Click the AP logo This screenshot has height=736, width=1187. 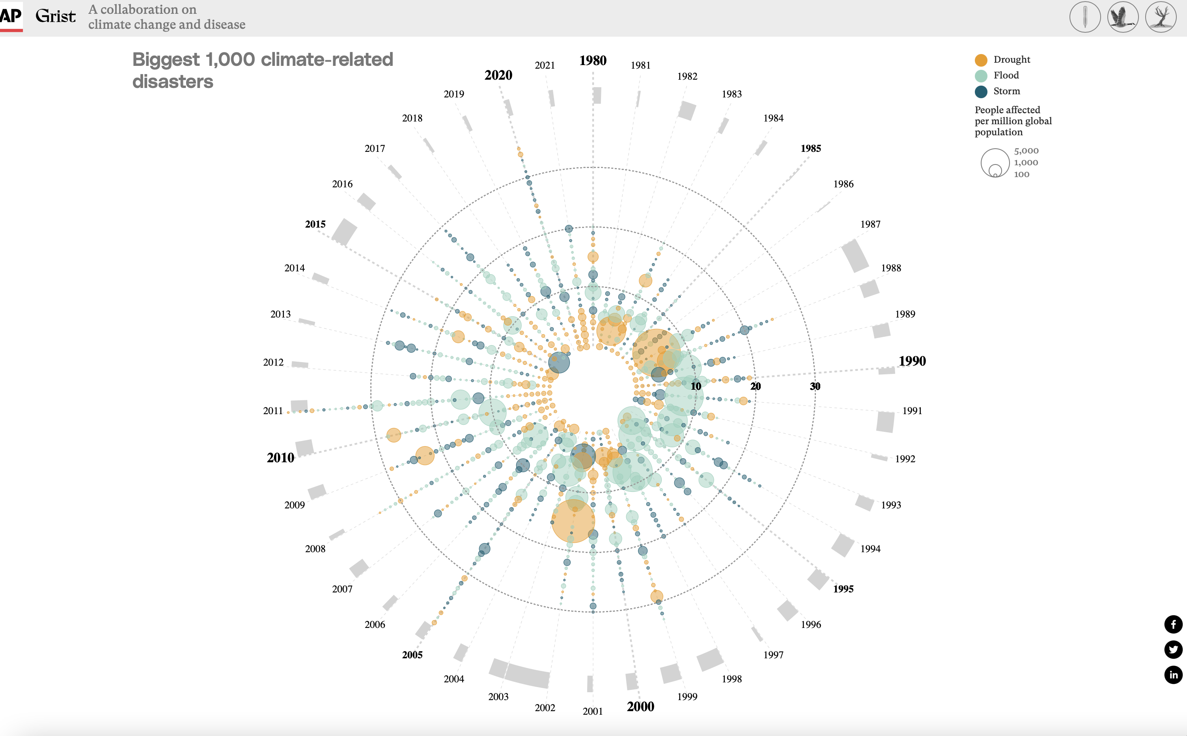pos(11,16)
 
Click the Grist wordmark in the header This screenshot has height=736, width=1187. pos(56,17)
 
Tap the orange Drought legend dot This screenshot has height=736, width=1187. pos(981,60)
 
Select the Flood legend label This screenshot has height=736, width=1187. pos(1006,75)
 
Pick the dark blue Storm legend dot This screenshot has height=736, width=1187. pos(981,92)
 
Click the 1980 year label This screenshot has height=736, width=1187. pos(592,61)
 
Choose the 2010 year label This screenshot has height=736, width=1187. pos(280,458)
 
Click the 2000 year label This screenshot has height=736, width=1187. pos(640,707)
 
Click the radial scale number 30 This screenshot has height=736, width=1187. pos(815,387)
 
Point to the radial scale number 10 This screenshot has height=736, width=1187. pos(696,387)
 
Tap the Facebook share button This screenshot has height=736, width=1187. pos(1173,624)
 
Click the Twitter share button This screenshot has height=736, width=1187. pos(1173,649)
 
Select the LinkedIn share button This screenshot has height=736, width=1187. pos(1173,674)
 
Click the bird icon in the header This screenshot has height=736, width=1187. pos(1122,17)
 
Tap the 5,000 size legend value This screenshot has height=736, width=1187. pos(1026,151)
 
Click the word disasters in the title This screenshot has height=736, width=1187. pos(173,82)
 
